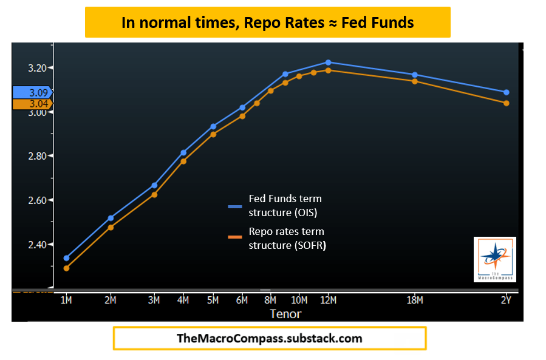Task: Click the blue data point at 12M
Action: (328, 63)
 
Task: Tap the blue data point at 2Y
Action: (506, 92)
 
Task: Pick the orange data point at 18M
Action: (415, 81)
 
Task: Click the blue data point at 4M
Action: (183, 153)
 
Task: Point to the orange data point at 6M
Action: (242, 116)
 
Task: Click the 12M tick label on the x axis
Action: (328, 300)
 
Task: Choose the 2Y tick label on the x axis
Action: (506, 300)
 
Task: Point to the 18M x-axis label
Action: (415, 300)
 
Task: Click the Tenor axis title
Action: (285, 314)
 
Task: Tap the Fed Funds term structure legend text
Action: (285, 206)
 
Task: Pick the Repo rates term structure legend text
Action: (287, 239)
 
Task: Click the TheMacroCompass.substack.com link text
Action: (269, 339)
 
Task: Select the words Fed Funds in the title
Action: (377, 23)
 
